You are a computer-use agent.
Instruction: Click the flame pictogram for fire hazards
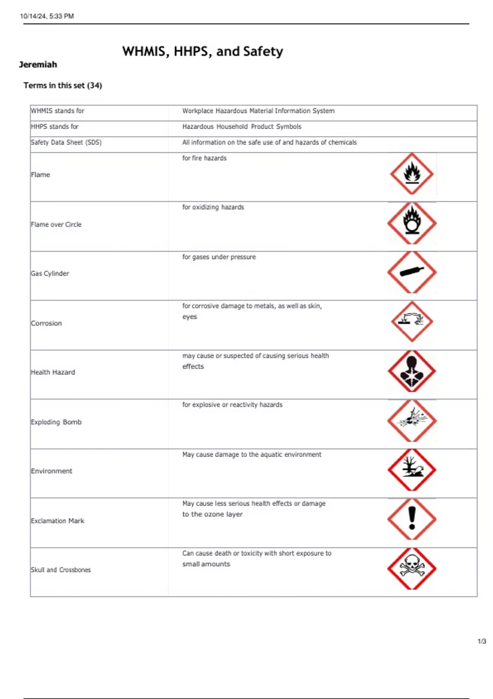tap(412, 174)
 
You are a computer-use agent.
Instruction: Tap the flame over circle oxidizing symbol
tap(412, 223)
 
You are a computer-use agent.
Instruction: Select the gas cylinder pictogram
tap(412, 272)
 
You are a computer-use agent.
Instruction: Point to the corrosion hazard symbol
tap(412, 321)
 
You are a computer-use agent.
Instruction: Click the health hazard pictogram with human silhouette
tap(412, 371)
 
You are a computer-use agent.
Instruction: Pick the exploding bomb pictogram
tap(412, 420)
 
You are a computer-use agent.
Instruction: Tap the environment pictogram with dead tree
tap(412, 470)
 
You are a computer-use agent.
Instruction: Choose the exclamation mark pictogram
tap(412, 519)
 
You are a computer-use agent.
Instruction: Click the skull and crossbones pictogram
tap(412, 568)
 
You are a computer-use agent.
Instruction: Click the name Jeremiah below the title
tap(38, 65)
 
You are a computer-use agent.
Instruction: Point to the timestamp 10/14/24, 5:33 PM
tap(47, 16)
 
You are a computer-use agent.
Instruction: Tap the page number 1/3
tap(481, 641)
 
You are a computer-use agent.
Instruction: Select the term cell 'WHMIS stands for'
tap(58, 111)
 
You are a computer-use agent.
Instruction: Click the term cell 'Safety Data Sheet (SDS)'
tap(66, 142)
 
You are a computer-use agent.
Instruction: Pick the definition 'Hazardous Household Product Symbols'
tap(242, 127)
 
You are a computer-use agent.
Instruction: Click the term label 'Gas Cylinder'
tap(50, 273)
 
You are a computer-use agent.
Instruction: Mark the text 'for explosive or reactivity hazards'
tap(232, 405)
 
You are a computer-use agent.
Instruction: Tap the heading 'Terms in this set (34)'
tap(62, 86)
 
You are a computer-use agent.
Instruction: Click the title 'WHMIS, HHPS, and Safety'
tap(203, 51)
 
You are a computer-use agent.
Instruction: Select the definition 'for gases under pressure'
tap(219, 257)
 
